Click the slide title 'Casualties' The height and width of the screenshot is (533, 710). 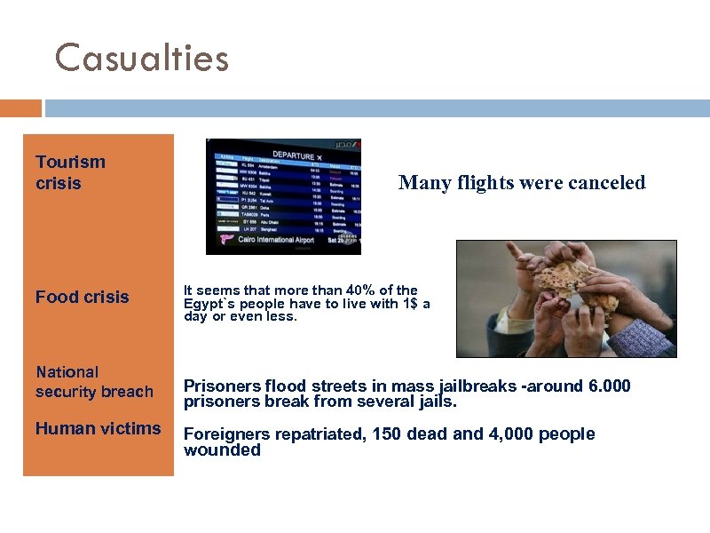pyautogui.click(x=142, y=59)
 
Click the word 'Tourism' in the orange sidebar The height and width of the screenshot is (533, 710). pyautogui.click(x=70, y=162)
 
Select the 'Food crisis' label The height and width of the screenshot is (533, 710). pyautogui.click(x=82, y=297)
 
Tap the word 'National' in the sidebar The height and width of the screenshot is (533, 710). pyautogui.click(x=67, y=372)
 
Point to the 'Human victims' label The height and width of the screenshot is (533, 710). pyautogui.click(x=98, y=428)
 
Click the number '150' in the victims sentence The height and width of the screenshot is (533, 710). pyautogui.click(x=388, y=434)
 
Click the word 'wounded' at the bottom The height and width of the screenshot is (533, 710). pyautogui.click(x=222, y=450)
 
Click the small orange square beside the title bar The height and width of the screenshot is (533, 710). pyautogui.click(x=20, y=108)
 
